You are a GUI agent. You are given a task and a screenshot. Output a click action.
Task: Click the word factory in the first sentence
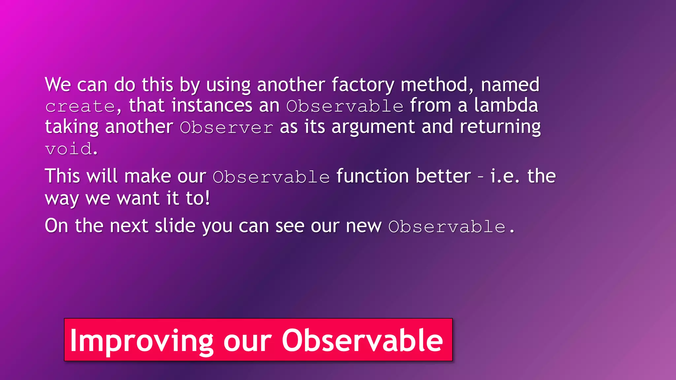pos(362,85)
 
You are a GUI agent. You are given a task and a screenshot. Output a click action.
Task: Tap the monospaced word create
pos(80,107)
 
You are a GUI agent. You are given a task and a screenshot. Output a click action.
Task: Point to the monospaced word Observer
pos(226,128)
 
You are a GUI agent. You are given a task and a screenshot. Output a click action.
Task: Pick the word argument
pos(373,127)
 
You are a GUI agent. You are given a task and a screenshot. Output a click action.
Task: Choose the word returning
pos(500,127)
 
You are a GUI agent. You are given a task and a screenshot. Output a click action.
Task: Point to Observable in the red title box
pos(362,340)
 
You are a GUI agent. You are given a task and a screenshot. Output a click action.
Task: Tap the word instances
pos(212,106)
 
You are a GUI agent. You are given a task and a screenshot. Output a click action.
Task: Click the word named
pos(510,85)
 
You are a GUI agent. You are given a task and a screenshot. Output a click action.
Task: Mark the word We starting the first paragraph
pos(58,85)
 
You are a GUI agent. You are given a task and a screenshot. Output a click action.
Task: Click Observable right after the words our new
pos(447,227)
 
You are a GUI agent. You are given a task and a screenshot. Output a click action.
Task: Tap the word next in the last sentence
pos(129,226)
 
